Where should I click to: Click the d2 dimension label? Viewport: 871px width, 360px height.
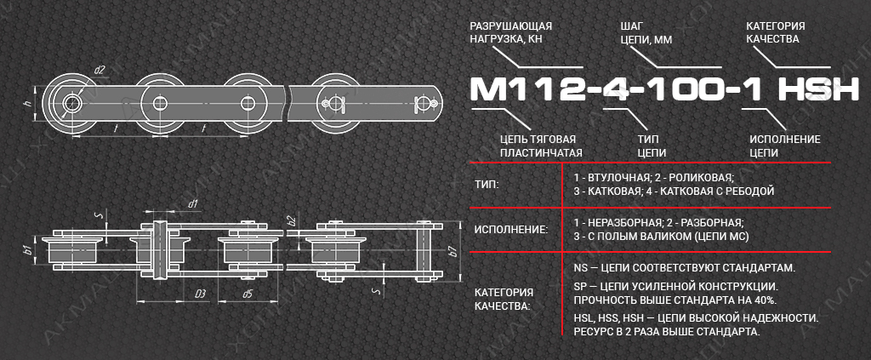coord(100,70)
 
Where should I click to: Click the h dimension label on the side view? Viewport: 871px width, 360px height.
coord(26,103)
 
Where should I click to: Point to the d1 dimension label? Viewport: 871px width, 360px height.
coord(193,204)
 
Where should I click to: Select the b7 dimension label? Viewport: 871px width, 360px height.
coord(453,249)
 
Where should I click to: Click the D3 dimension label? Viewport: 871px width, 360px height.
coord(201,294)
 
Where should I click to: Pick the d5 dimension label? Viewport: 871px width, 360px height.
coord(248,294)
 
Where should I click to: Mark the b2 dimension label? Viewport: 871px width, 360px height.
coord(291,220)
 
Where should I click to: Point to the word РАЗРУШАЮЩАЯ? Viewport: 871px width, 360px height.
coord(511,26)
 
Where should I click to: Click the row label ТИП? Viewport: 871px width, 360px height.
coord(487,184)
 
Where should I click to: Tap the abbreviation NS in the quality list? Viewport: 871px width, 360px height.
coord(582,268)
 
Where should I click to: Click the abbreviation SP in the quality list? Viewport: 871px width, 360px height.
coord(581,287)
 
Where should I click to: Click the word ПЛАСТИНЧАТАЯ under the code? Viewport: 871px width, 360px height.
coord(541,153)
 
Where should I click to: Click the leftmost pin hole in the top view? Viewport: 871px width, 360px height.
coord(71,103)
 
